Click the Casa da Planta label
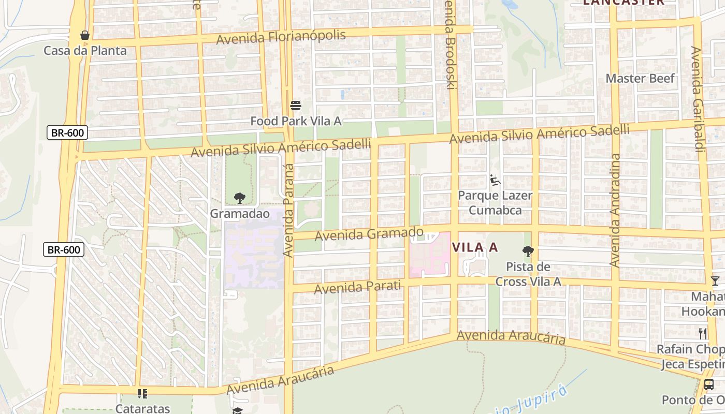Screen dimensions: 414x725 [85, 51]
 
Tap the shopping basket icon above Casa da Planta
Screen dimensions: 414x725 [85, 35]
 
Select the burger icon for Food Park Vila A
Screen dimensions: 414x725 [296, 106]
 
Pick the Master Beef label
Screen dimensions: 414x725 [641, 79]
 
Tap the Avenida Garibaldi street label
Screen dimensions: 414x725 [697, 99]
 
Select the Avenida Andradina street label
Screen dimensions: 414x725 [615, 210]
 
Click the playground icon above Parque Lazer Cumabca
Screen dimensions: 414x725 [495, 180]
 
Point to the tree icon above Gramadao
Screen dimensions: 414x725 [239, 198]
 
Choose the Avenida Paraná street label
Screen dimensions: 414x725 [288, 210]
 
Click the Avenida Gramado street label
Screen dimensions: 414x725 [369, 234]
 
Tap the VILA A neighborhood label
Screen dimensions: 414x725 [475, 247]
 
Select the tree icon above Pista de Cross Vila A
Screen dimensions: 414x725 [528, 252]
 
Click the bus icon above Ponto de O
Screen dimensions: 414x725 [709, 385]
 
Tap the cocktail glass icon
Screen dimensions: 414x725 [715, 281]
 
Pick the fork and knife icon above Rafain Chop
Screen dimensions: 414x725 [703, 333]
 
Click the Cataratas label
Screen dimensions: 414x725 [142, 408]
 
